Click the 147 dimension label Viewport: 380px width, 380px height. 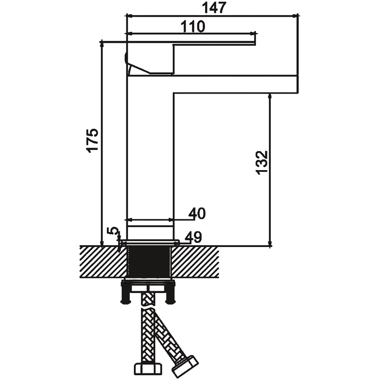[x=214, y=8]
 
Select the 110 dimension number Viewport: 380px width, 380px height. [x=193, y=27]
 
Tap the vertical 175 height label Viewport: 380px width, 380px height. [x=92, y=140]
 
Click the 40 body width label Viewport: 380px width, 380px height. [x=197, y=213]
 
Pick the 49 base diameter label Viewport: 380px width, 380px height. [x=193, y=237]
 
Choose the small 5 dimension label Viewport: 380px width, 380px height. [x=113, y=231]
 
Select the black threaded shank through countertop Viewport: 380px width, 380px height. [x=150, y=262]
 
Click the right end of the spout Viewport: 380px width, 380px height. [x=298, y=84]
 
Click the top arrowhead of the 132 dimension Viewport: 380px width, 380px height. [x=270, y=97]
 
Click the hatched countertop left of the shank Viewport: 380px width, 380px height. [x=104, y=262]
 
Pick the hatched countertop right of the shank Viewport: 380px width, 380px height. [x=195, y=262]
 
